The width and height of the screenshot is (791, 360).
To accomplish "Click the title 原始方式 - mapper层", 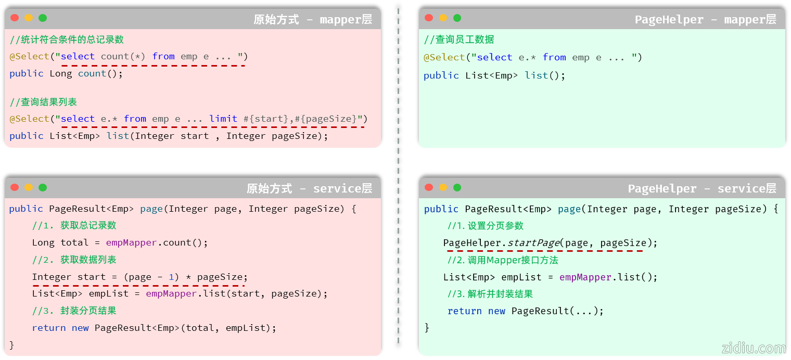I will point(313,20).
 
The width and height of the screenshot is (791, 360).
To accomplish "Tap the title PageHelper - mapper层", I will point(705,20).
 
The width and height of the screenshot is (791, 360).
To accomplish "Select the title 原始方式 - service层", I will point(309,188).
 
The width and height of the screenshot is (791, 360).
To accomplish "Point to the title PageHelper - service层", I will point(701,188).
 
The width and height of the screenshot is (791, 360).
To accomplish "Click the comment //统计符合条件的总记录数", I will point(67,40).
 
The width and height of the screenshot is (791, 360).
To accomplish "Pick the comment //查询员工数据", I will point(459,40).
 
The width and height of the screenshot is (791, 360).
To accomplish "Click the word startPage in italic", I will point(533,243).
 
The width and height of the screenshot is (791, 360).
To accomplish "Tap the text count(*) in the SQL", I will point(123,56).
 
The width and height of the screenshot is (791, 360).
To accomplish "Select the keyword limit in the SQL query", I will point(223,119).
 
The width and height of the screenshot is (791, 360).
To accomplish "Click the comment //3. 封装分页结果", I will point(74,311).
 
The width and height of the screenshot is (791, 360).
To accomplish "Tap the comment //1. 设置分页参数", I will point(485,226).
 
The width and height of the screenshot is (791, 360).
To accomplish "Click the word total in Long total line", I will point(75,242).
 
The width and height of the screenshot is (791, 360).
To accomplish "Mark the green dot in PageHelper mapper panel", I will point(457,18).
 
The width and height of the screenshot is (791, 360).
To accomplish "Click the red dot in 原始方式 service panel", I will point(15,187).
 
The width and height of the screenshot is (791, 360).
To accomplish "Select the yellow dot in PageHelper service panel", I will point(443,187).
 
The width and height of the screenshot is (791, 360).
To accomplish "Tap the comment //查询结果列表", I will point(43,102).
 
